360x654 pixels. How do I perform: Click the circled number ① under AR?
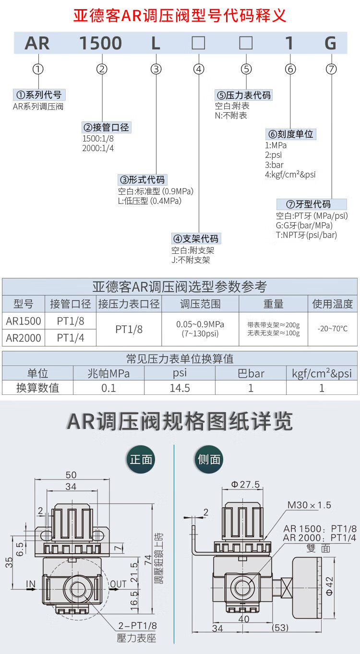pos(38,69)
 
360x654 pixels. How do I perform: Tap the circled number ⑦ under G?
pos(331,69)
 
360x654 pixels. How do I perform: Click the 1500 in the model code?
pos(101,44)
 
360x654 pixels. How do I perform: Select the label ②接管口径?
pos(106,128)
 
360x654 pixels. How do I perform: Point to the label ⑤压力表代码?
pos(243,95)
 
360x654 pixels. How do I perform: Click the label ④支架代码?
pos(196,238)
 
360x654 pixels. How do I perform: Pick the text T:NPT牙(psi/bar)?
pos(307,235)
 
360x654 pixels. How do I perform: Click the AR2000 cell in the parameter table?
pos(24,338)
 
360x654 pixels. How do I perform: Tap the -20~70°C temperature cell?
pos(333,329)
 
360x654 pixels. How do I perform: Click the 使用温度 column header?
pos(333,304)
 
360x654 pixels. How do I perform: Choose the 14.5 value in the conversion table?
pos(180,388)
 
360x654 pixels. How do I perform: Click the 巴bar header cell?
pos(251,373)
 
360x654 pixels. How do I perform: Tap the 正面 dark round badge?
pos(141,460)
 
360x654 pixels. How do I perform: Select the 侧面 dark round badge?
pos(209,460)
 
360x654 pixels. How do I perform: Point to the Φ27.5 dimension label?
pos(245,485)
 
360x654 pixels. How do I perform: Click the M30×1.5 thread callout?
pos(309,505)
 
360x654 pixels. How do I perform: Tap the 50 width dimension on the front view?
pos(71,475)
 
